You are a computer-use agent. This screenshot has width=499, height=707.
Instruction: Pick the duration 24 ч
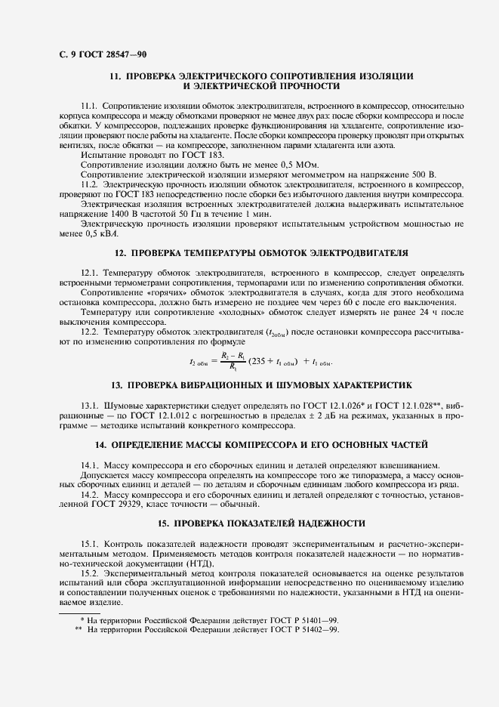416,311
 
